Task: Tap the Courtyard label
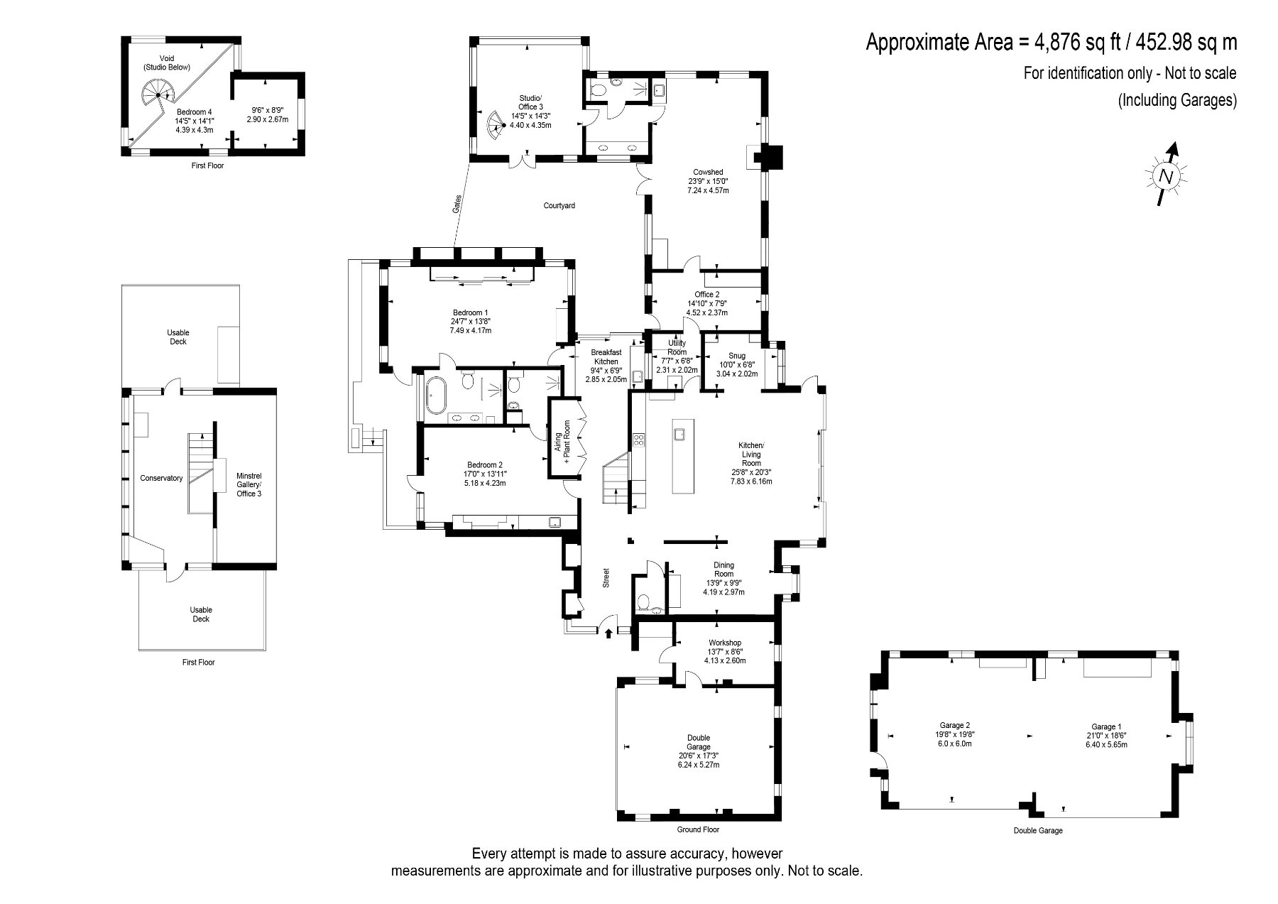559,206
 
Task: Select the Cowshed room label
708,172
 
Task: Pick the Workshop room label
724,643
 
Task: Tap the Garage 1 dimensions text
1106,740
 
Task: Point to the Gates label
457,205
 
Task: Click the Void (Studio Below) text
167,62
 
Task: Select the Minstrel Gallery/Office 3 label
248,484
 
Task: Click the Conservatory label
161,478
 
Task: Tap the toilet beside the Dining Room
645,601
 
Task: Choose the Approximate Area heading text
1052,43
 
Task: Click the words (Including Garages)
1177,101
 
